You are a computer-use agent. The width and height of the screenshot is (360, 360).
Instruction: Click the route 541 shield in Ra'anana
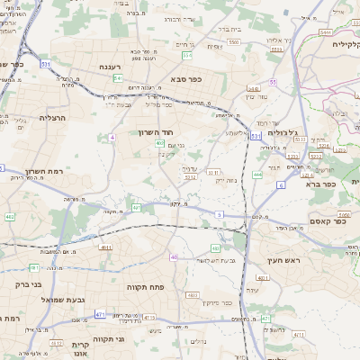click(x=118, y=78)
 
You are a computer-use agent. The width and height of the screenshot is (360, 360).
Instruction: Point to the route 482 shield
click(x=10, y=217)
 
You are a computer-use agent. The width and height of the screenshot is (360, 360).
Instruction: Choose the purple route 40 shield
click(x=174, y=256)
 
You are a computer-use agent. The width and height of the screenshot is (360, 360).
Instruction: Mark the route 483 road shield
click(x=214, y=247)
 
